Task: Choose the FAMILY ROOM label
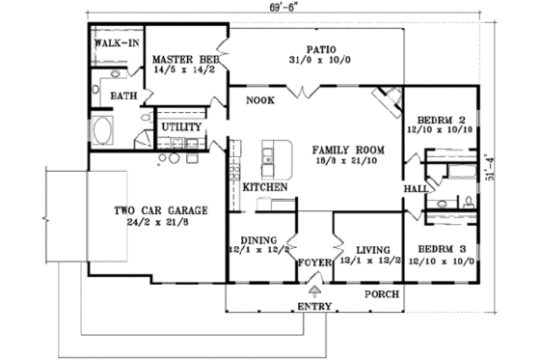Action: pos(348,151)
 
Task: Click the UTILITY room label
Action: pos(180,126)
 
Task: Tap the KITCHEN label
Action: pos(264,186)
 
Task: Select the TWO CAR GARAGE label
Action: pos(151,209)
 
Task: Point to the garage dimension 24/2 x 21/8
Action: pos(151,222)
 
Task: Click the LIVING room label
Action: pos(370,246)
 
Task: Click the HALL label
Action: pos(416,188)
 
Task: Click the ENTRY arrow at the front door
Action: pos(313,289)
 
